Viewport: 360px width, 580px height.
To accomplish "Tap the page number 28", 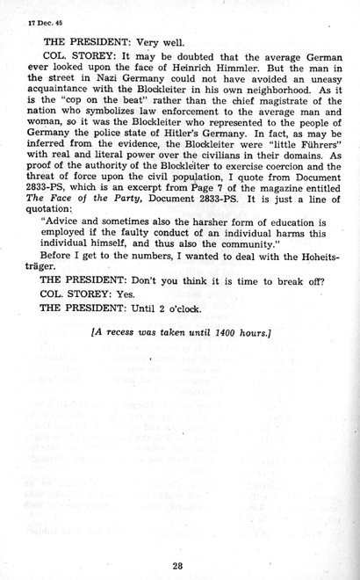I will (178, 540).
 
